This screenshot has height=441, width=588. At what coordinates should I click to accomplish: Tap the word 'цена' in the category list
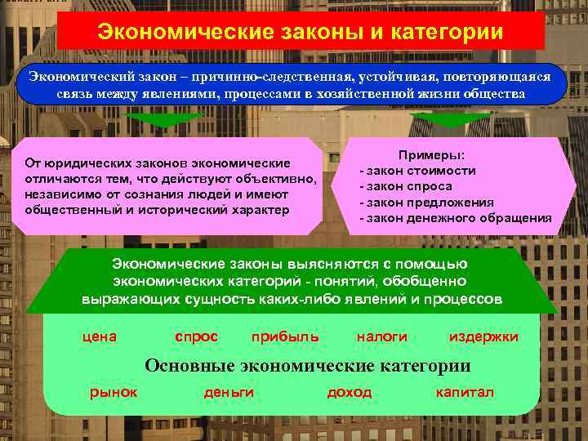101,336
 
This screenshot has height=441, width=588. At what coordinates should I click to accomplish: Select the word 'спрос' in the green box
197,336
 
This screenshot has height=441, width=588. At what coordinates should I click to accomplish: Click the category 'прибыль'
285,336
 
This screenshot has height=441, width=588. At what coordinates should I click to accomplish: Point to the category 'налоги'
381,336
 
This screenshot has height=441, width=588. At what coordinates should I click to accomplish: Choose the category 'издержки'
483,336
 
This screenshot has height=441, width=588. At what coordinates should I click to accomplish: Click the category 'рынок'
113,392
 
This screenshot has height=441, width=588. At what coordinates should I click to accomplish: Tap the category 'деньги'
229,392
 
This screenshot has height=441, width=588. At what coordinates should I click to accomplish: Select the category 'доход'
349,392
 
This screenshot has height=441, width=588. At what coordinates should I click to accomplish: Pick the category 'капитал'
465,392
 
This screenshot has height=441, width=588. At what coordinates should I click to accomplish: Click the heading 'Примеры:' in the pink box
432,155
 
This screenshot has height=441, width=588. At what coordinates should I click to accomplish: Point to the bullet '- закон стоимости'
417,171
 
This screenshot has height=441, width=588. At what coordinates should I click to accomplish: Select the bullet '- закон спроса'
406,186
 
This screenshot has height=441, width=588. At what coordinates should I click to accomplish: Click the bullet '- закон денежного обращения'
456,218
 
